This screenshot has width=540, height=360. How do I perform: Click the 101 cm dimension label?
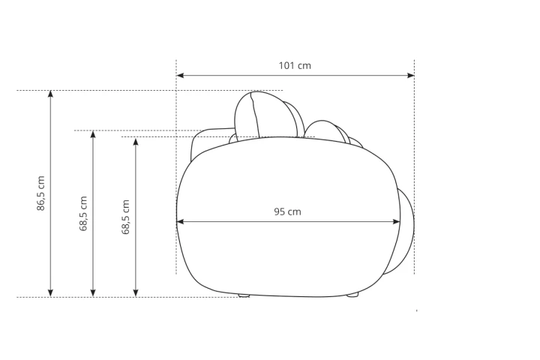[295, 65]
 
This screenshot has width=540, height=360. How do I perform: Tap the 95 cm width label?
[287, 211]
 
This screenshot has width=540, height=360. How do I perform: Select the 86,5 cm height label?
[40, 193]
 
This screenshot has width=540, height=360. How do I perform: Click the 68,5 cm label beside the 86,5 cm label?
[83, 214]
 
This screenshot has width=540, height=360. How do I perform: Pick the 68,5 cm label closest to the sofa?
[126, 217]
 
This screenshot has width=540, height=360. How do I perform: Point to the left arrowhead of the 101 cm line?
[180, 75]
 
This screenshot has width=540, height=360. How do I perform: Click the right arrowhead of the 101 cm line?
[411, 75]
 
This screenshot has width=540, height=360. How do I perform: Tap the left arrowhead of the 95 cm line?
[180, 222]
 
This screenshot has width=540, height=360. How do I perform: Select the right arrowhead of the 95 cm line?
[397, 222]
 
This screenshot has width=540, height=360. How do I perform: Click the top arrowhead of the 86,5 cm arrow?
[51, 94]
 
